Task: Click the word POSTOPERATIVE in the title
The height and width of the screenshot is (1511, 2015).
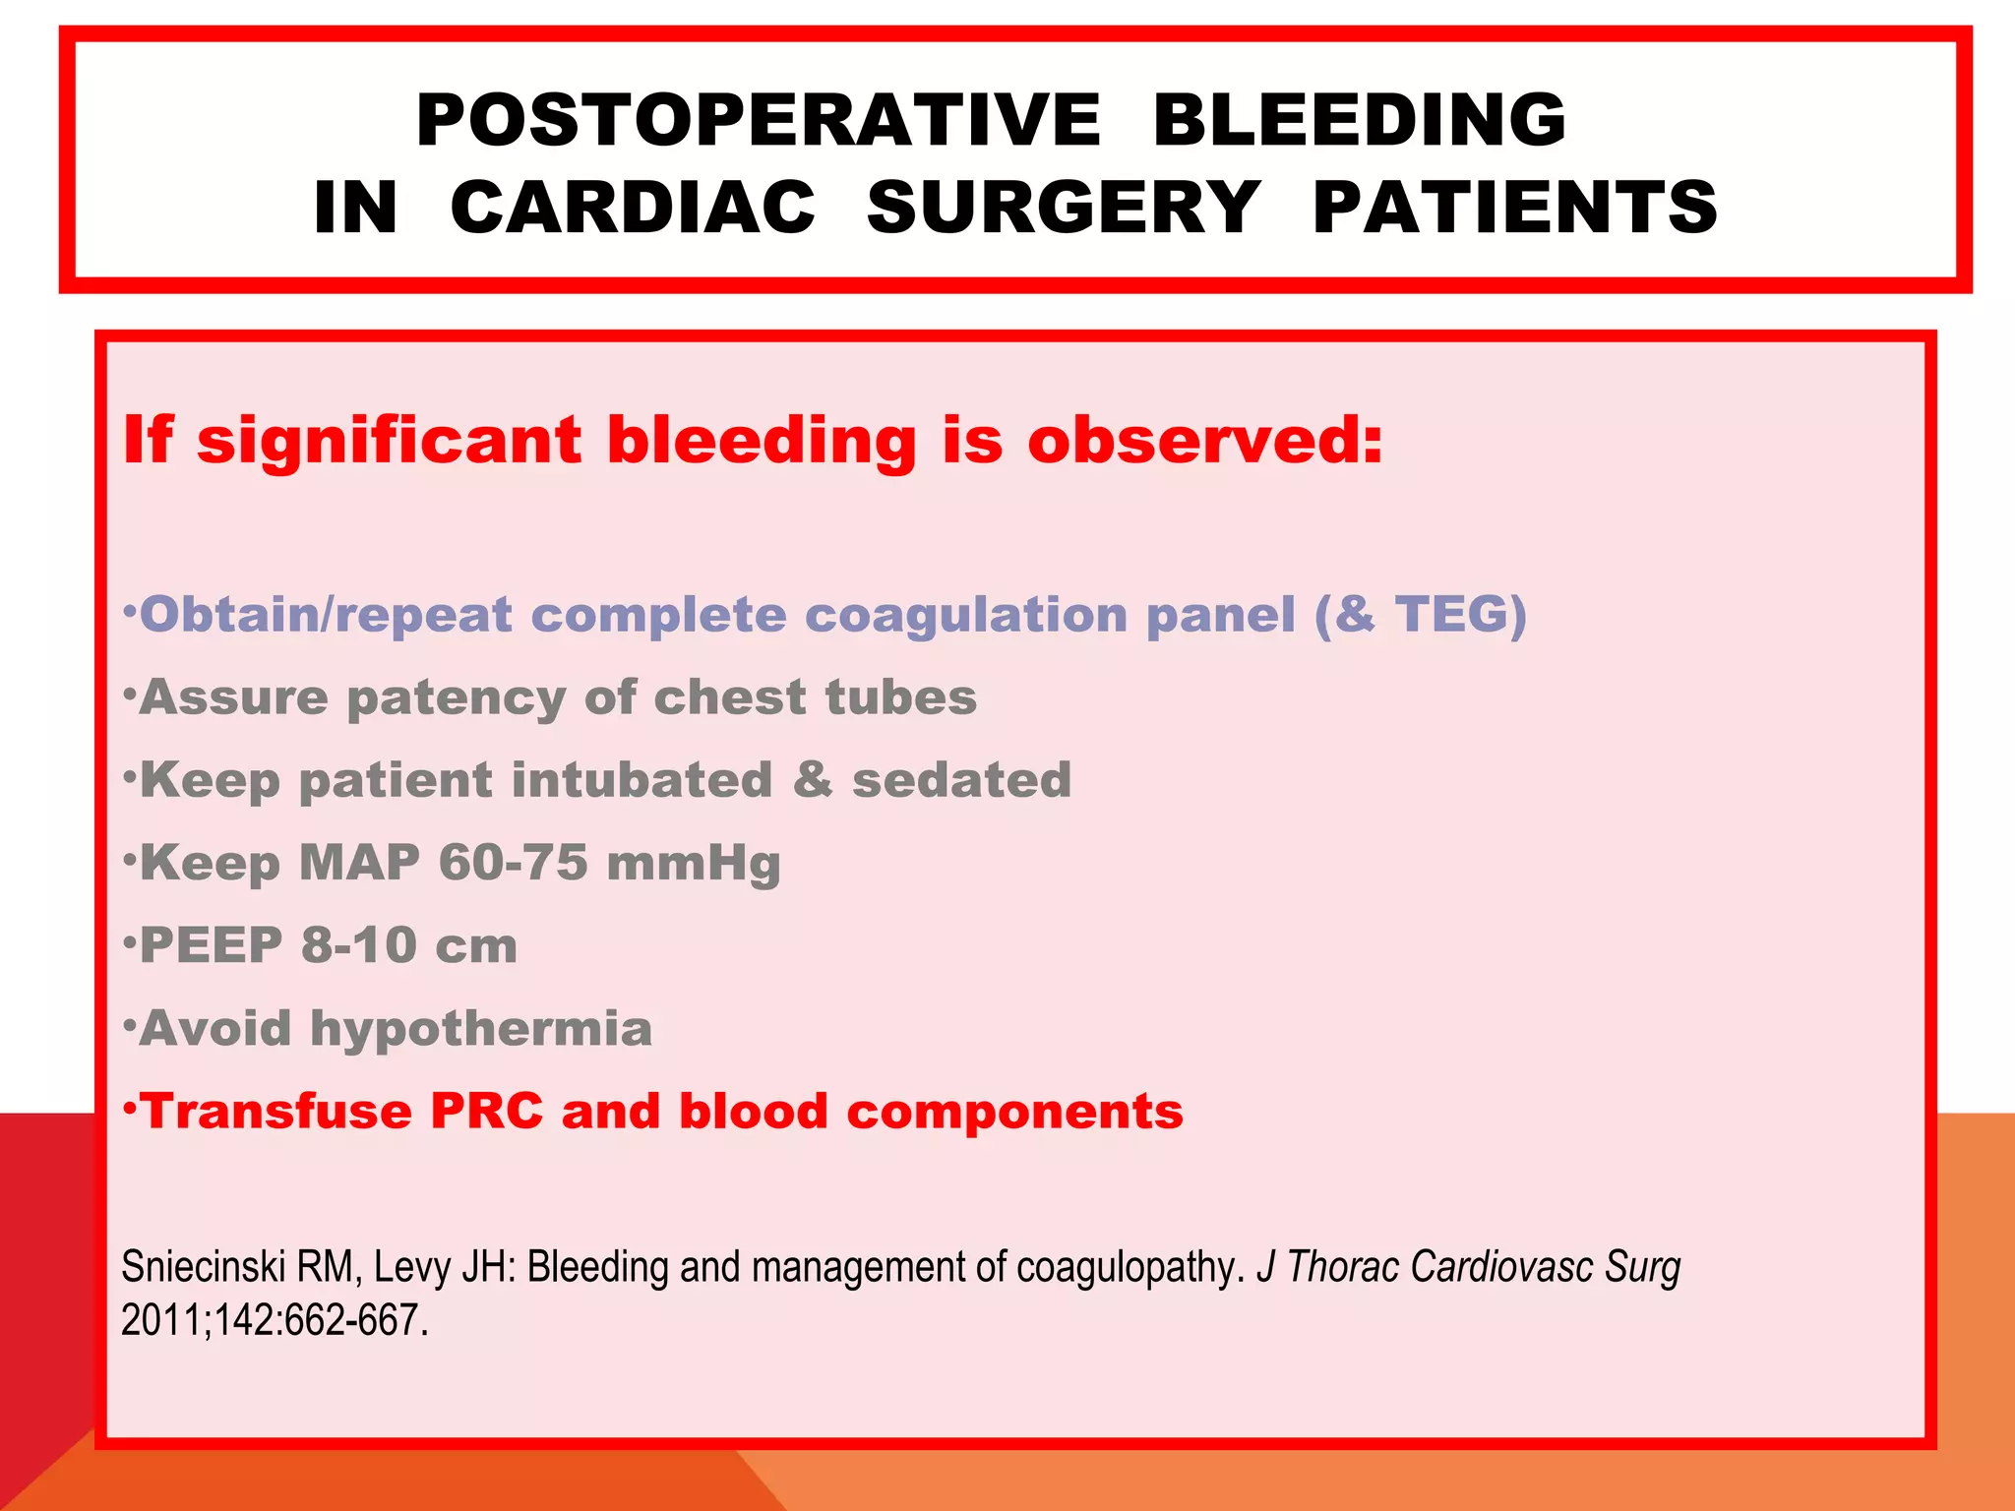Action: [758, 120]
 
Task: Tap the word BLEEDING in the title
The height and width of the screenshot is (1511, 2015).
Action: [1359, 120]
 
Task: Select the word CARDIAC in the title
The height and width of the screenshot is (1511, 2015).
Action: [633, 208]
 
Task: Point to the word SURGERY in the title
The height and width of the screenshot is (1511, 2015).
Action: [1063, 208]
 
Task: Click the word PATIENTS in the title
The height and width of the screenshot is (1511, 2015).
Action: [1515, 208]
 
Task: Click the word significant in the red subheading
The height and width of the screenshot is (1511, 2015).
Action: [390, 440]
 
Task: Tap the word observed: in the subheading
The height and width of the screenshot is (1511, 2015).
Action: [1205, 440]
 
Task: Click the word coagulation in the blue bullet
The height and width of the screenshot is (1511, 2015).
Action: [965, 616]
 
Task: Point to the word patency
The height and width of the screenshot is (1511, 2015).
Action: [456, 698]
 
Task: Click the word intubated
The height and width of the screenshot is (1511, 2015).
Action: [642, 780]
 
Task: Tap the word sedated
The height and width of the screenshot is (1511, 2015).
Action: [961, 780]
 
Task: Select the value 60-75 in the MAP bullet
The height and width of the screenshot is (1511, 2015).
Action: [513, 863]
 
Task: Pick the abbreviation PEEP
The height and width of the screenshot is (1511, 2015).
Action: [211, 945]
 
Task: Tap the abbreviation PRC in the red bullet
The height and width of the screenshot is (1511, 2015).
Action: [486, 1112]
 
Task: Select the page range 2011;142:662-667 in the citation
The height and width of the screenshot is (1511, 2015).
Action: [273, 1320]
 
